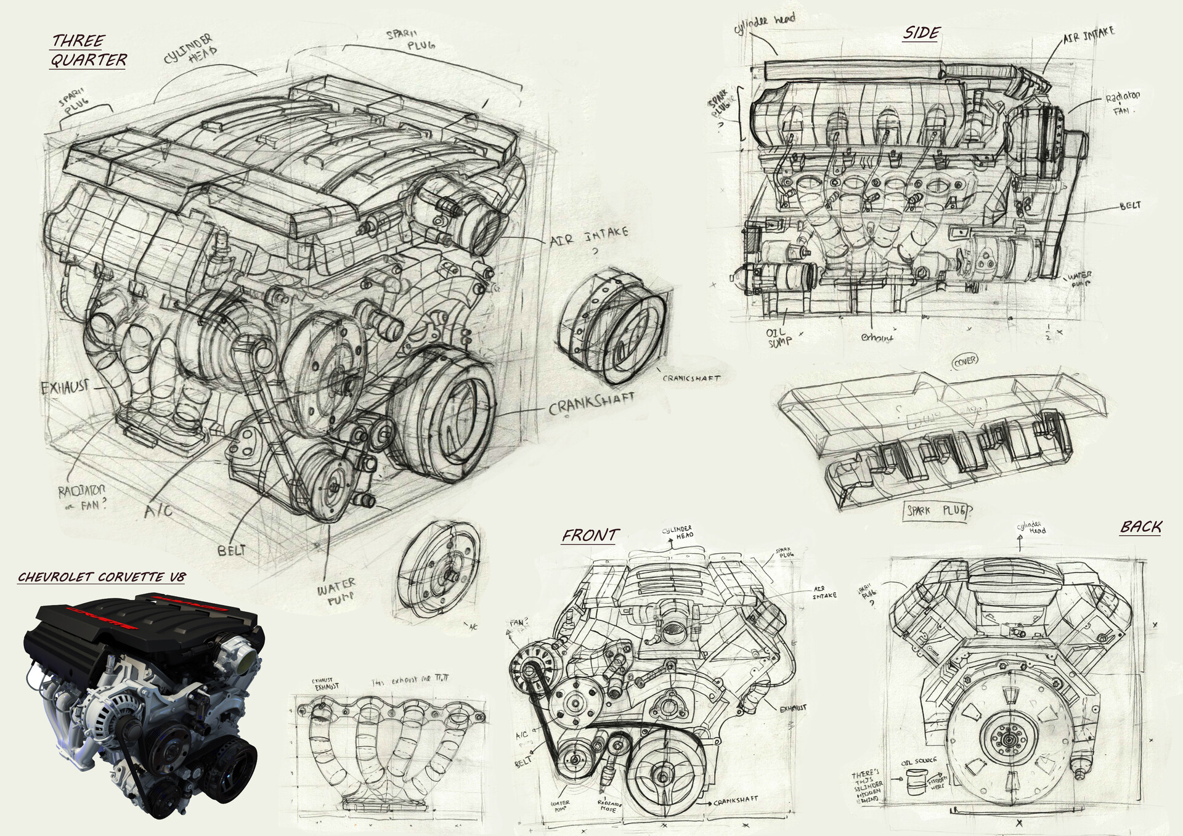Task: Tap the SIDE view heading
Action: [x=921, y=33]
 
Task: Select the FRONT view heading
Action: [x=589, y=535]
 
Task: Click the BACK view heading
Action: [x=1140, y=527]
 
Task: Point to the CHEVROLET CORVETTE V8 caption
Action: [x=101, y=577]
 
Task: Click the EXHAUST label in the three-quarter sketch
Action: [x=65, y=388]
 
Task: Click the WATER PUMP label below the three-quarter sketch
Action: [x=336, y=590]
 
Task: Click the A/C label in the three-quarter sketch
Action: [x=159, y=511]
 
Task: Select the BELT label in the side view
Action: [x=1130, y=206]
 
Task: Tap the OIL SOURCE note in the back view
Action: [x=919, y=761]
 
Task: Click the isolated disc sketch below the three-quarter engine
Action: [x=439, y=567]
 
